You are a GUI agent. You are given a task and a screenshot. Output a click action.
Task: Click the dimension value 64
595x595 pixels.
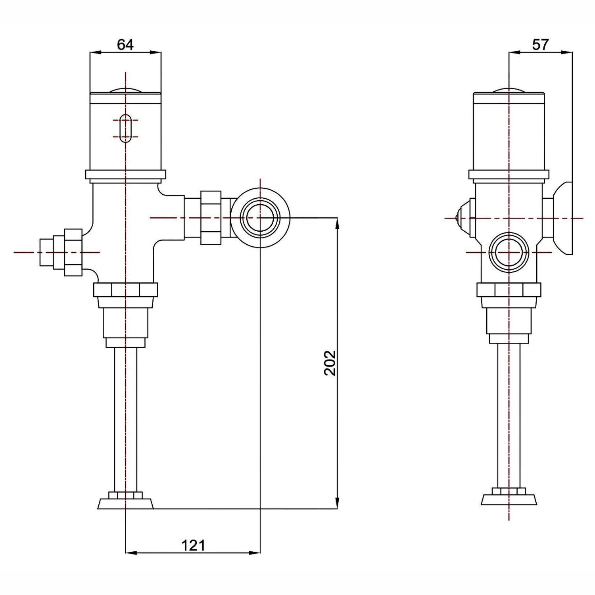[125, 44]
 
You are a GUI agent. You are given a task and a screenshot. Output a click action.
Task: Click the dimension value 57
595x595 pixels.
[540, 44]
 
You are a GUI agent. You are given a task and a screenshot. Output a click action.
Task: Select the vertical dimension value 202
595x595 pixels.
[330, 363]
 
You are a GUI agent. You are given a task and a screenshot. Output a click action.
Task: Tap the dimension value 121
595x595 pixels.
[193, 545]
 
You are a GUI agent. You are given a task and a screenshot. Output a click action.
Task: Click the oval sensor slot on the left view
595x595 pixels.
[125, 128]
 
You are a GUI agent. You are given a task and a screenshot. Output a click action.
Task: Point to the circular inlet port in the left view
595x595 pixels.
[260, 218]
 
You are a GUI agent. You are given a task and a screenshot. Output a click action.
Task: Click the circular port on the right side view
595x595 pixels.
[509, 252]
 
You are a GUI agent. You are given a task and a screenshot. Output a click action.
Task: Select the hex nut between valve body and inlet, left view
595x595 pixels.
[211, 218]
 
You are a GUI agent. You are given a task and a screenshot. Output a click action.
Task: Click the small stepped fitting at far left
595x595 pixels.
[61, 252]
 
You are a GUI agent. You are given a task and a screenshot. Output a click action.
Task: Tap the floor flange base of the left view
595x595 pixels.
[125, 501]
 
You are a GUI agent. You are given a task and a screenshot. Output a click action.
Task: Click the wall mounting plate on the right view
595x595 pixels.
[563, 218]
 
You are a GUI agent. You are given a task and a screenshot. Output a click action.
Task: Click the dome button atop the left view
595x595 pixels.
[125, 90]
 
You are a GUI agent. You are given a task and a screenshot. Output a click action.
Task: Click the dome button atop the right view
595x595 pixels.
[509, 90]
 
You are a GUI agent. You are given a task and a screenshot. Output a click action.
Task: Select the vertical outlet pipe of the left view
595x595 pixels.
[126, 420]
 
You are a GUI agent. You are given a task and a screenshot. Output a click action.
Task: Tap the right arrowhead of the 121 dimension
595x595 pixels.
[255, 552]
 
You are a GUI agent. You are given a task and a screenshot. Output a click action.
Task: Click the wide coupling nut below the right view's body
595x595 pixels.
[509, 290]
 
